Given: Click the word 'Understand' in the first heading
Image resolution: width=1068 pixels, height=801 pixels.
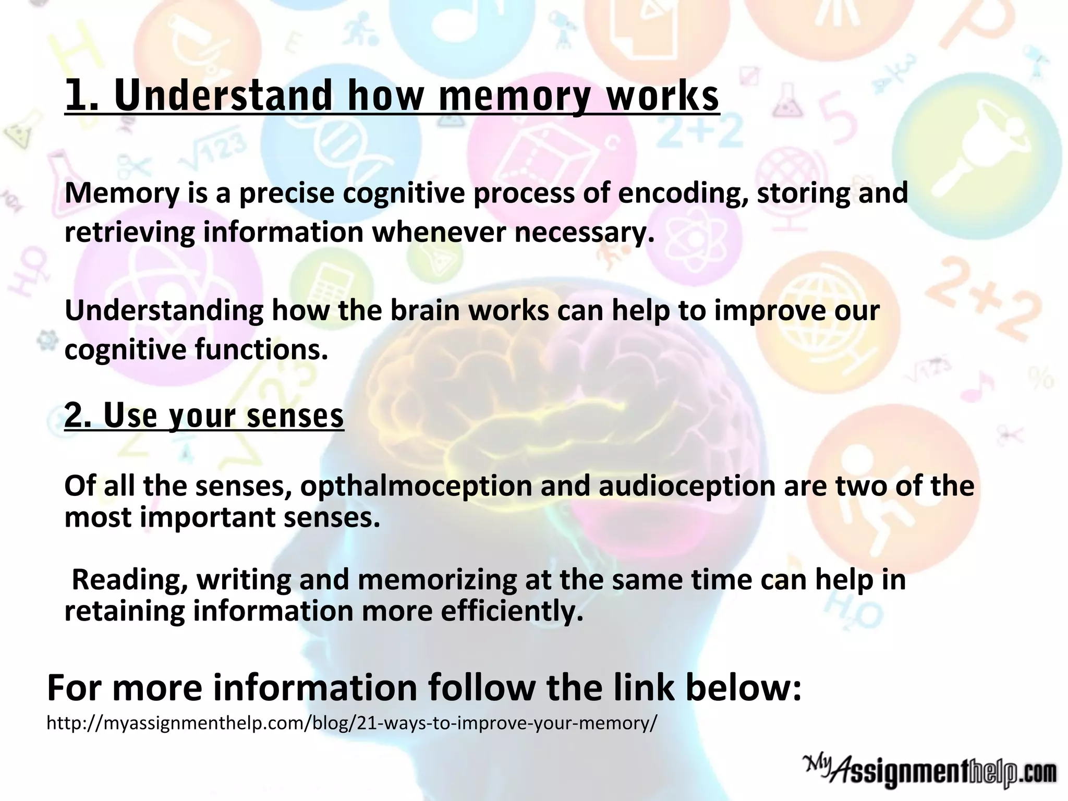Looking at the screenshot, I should (x=223, y=96).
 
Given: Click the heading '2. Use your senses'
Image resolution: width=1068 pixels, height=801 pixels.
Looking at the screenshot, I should (x=204, y=416).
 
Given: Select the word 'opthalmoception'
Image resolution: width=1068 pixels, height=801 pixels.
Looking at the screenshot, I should (x=416, y=486).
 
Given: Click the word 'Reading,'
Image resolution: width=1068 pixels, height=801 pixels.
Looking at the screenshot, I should (x=130, y=580).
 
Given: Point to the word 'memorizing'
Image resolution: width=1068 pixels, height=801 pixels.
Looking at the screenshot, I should (x=438, y=580).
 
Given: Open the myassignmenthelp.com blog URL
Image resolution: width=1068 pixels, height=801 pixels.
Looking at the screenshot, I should (x=352, y=723).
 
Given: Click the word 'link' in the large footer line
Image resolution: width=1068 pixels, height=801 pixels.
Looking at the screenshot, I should (x=644, y=688).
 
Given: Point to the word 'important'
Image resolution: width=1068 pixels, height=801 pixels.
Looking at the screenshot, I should (x=208, y=517).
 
